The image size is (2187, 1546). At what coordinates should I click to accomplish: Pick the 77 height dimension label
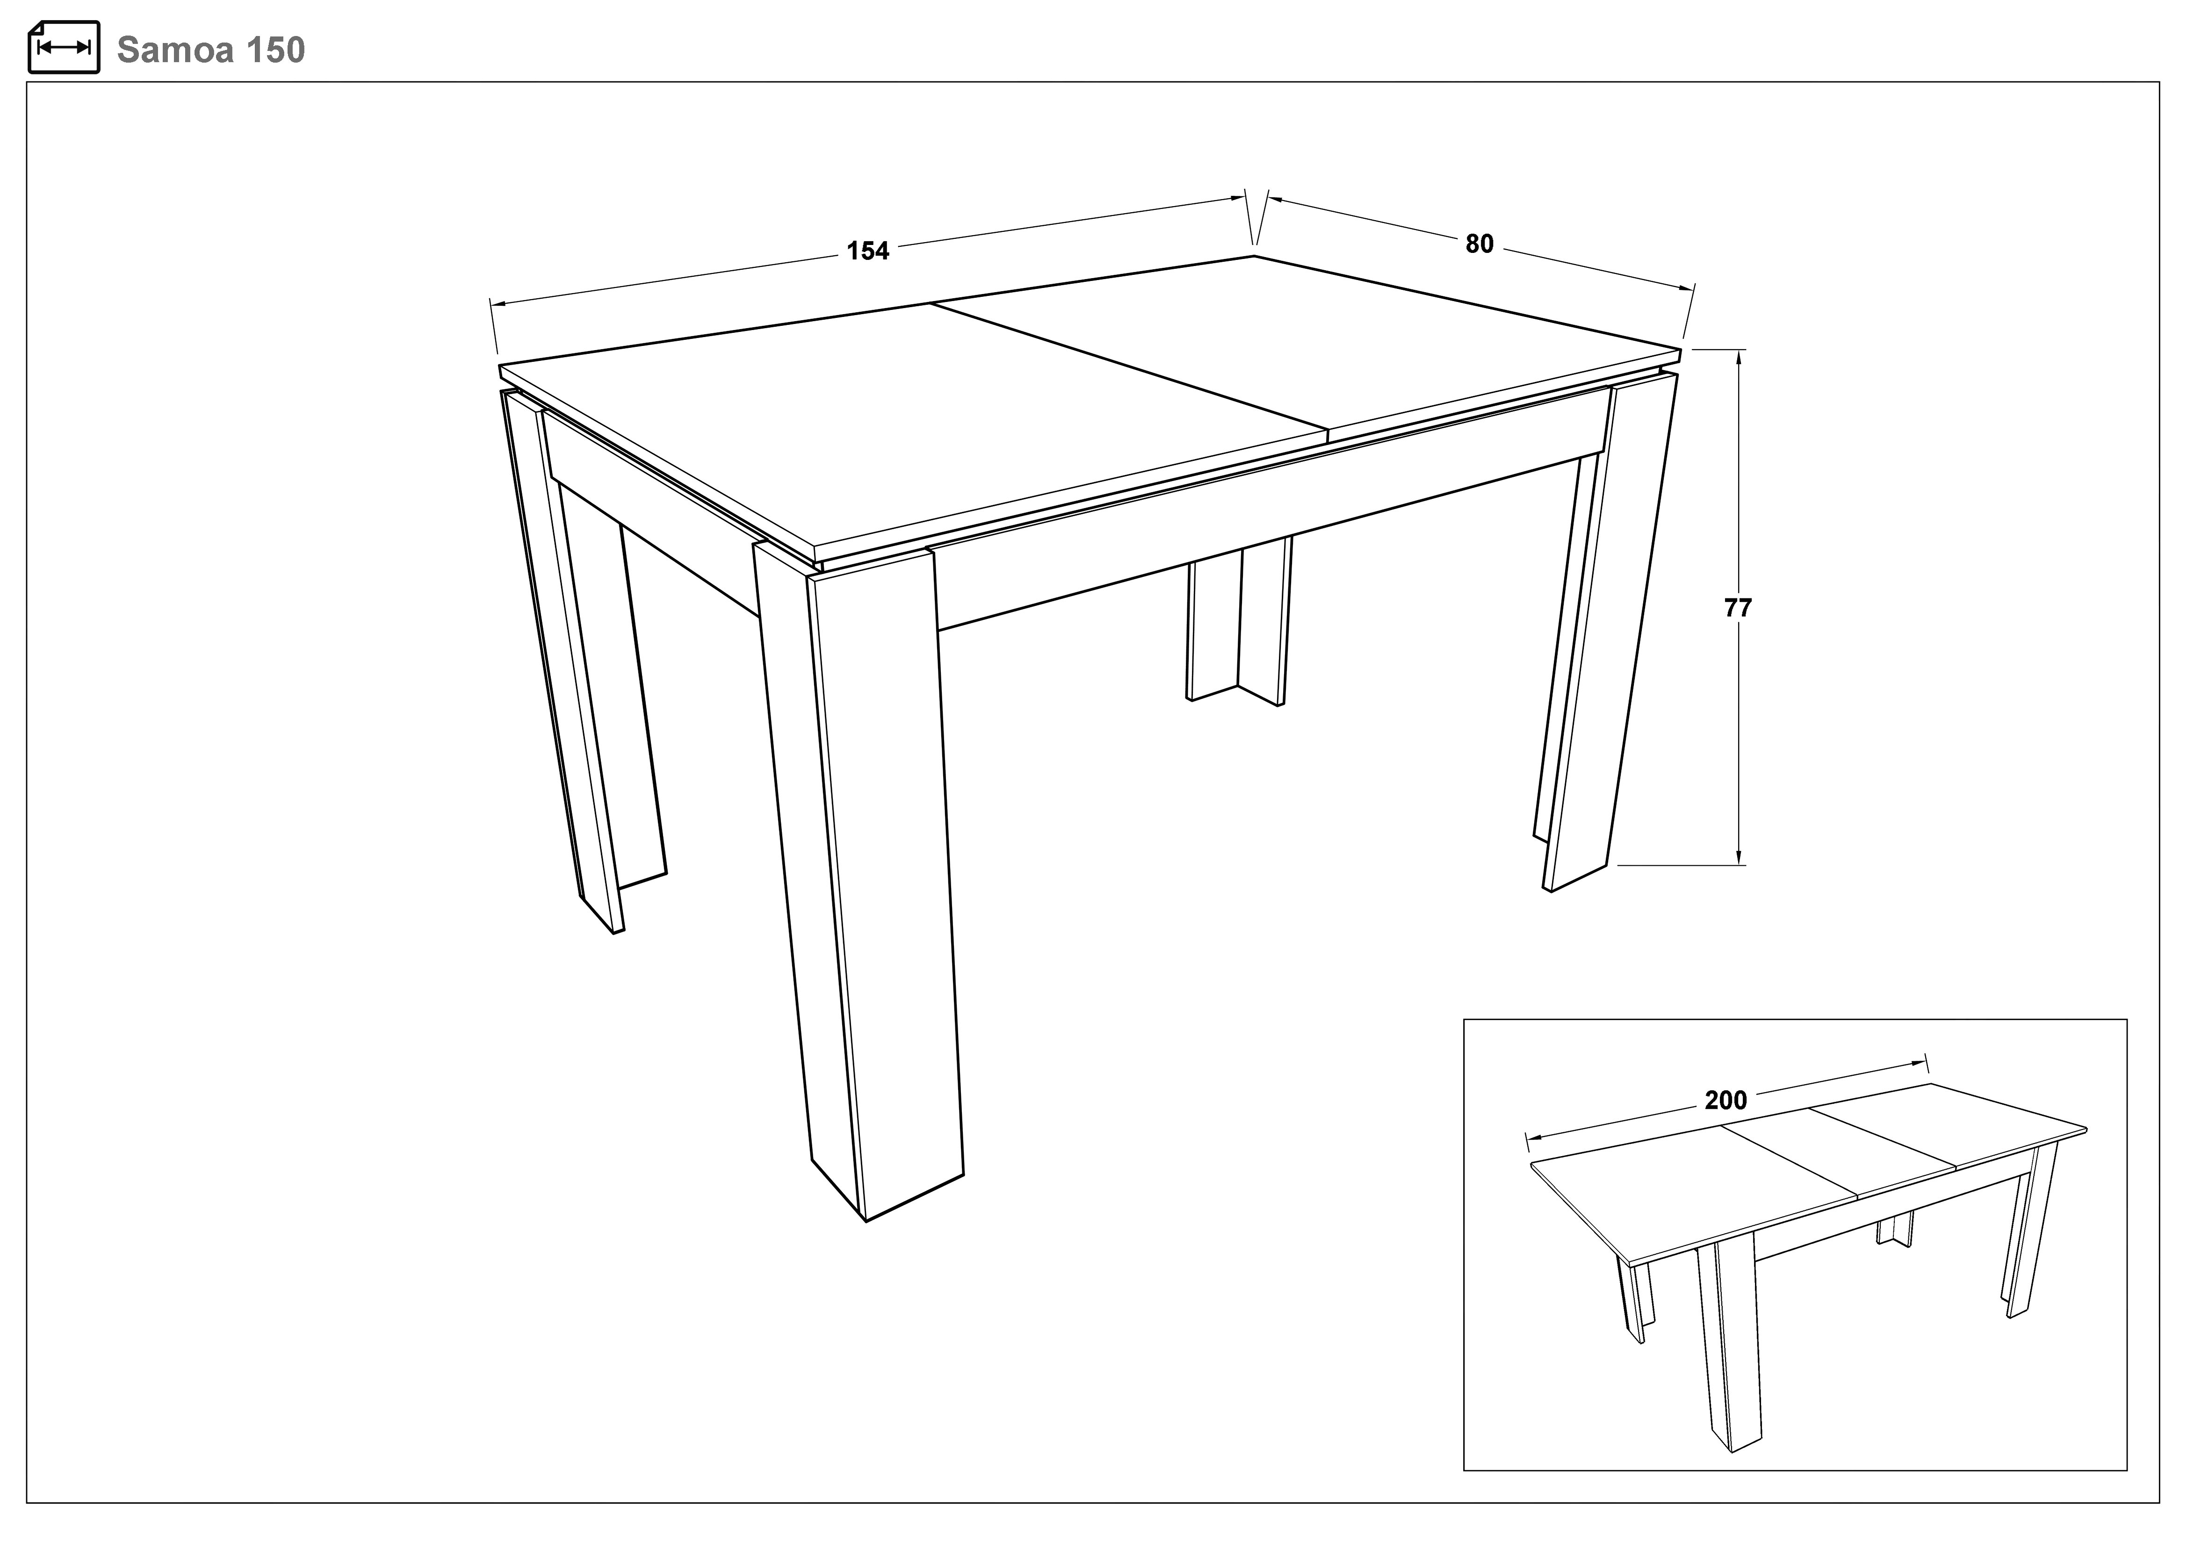pyautogui.click(x=1739, y=608)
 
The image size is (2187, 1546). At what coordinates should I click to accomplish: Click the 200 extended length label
pyautogui.click(x=1726, y=1101)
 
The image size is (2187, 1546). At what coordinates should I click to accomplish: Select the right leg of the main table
pyautogui.click(x=1610, y=629)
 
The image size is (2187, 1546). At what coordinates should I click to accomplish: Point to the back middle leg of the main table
pyautogui.click(x=1238, y=619)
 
